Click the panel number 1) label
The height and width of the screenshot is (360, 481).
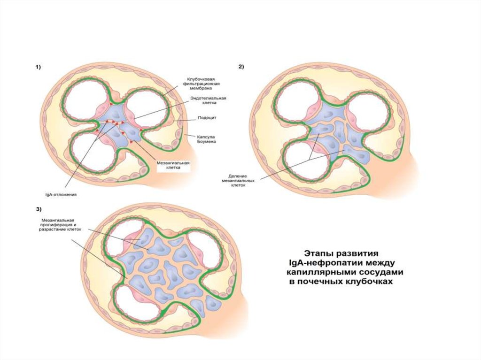tap(38, 68)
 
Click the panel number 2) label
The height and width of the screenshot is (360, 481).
tap(241, 67)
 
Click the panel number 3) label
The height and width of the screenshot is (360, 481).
tap(38, 208)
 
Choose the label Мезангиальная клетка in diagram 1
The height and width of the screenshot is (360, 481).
tap(173, 166)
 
